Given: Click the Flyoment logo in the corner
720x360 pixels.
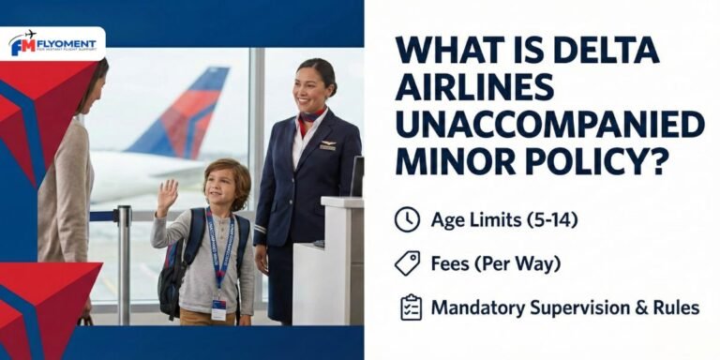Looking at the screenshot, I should coord(53,44).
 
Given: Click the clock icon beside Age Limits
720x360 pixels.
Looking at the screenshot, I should coord(407,219).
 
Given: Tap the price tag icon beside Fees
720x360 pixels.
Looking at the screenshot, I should coord(407,263).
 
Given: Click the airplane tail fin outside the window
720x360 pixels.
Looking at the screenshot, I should coord(192,112).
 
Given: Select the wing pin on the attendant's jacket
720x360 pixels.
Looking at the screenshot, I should coord(326,145).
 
